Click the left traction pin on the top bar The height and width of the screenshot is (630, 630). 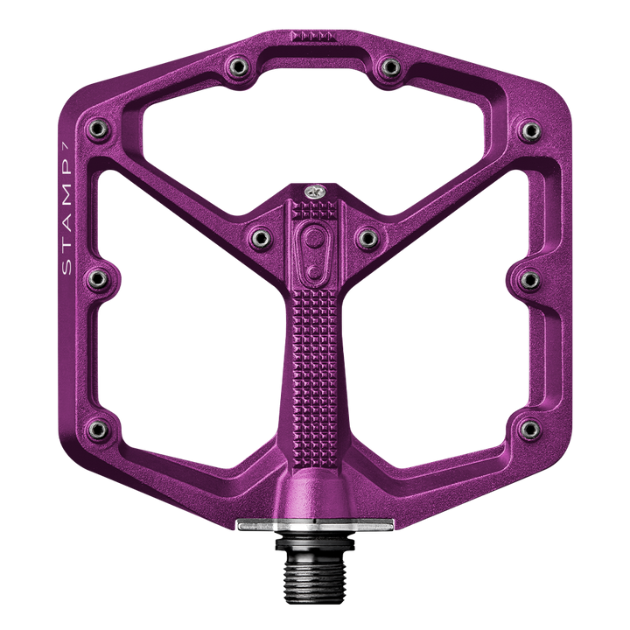point(237,65)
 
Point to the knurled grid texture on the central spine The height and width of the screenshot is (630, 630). point(312,350)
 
